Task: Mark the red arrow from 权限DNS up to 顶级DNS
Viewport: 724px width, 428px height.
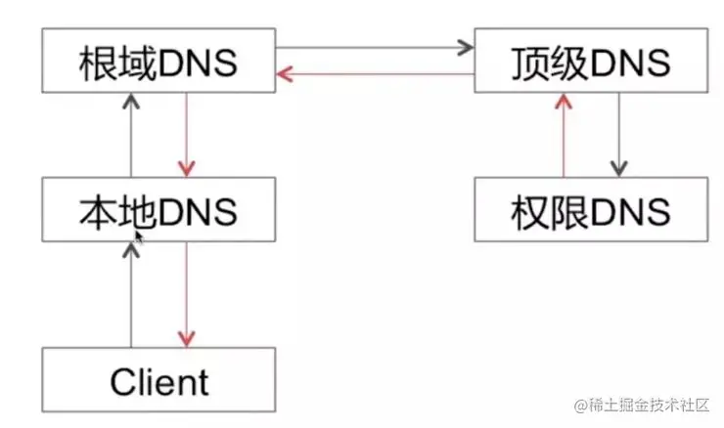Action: coord(562,136)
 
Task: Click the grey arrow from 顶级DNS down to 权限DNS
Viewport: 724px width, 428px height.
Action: coord(617,136)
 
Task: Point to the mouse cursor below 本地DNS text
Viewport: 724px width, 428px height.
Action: coord(139,235)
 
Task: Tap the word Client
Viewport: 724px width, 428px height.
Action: coord(158,380)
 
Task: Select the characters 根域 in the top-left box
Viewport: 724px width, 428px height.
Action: coord(112,63)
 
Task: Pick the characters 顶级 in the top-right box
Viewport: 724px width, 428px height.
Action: coord(543,63)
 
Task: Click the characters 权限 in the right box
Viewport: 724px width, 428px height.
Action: coord(543,211)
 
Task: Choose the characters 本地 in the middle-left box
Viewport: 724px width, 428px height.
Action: coord(112,211)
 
